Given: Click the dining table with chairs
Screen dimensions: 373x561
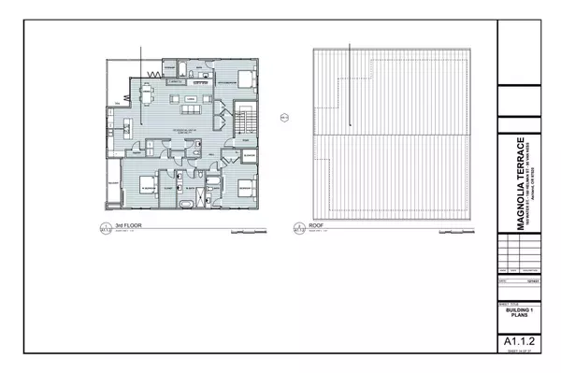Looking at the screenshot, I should [x=147, y=94].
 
